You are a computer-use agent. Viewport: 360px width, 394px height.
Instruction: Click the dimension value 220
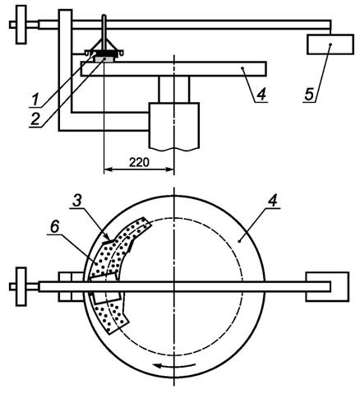(139, 162)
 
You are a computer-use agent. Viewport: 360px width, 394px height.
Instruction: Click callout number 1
(35, 100)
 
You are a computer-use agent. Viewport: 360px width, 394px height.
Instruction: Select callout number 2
(35, 119)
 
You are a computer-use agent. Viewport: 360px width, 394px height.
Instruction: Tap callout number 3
(77, 201)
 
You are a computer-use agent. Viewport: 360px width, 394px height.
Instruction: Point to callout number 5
(309, 95)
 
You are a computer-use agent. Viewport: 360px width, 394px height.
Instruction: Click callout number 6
(55, 227)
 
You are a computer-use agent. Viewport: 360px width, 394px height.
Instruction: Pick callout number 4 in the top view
(261, 95)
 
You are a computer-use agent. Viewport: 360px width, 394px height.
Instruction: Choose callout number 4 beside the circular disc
(273, 201)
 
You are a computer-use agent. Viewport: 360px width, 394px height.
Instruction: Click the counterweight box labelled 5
(330, 44)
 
